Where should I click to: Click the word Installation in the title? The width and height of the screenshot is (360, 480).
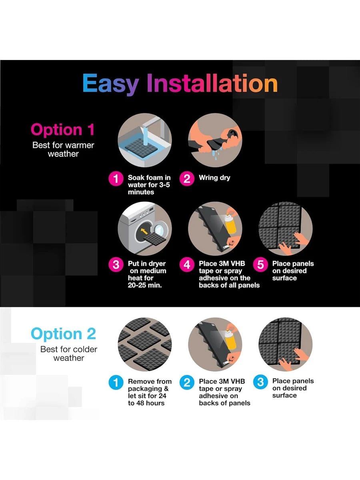click(212, 83)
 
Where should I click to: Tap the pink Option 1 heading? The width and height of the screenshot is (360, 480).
click(63, 130)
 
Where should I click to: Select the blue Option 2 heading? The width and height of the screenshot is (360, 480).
click(63, 334)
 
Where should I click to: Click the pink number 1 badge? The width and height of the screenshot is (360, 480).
click(116, 179)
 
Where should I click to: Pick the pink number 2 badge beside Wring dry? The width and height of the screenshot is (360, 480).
click(187, 179)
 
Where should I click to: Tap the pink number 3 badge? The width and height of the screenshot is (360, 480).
click(116, 265)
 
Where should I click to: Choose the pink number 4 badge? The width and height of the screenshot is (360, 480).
click(187, 265)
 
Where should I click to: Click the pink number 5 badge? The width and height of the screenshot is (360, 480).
click(260, 265)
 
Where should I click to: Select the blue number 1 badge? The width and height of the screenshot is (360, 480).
click(116, 382)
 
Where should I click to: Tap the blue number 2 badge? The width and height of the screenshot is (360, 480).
click(187, 382)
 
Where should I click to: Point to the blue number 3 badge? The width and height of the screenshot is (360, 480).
click(260, 382)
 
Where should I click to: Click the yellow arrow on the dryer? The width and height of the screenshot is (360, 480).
click(144, 231)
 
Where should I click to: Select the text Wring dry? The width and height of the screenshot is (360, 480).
click(214, 178)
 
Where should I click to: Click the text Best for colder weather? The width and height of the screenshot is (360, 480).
click(69, 354)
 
